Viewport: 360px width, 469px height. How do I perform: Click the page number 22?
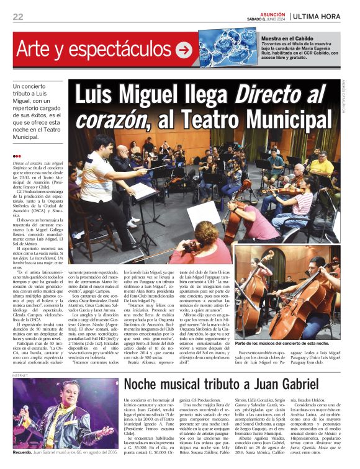coord(18,16)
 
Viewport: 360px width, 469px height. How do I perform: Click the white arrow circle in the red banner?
coord(183,50)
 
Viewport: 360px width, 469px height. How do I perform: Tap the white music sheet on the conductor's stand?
coord(143,191)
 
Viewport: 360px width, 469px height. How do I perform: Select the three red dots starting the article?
coord(17,156)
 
